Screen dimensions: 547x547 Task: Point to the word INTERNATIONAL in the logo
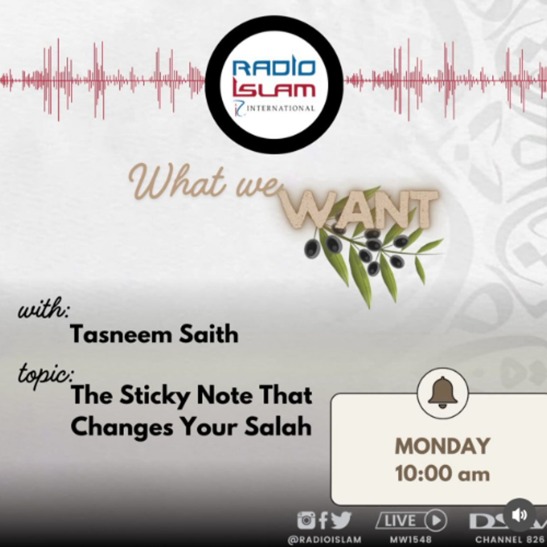click(x=281, y=108)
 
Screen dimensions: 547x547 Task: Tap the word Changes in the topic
click(x=122, y=428)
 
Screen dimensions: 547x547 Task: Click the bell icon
click(x=443, y=392)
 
